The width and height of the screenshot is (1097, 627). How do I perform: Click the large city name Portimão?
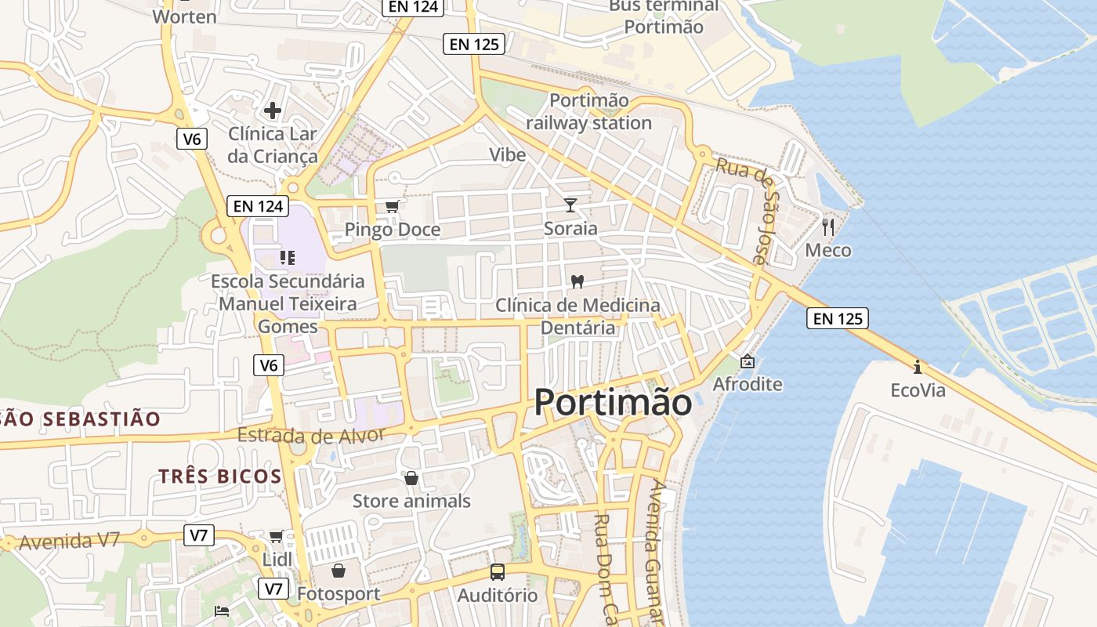click(613, 403)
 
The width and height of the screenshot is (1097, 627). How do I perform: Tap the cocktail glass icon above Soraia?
click(570, 205)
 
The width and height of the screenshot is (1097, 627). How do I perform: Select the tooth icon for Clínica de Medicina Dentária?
click(578, 281)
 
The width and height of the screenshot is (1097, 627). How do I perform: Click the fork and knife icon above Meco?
click(828, 227)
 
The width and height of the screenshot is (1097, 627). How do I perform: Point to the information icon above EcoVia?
click(918, 367)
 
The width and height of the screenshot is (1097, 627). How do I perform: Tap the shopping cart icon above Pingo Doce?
click(393, 207)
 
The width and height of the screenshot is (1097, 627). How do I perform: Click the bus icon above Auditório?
click(498, 572)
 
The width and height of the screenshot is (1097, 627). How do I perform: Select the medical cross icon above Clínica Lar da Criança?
click(273, 111)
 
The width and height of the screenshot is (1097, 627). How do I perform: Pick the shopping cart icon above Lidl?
click(277, 537)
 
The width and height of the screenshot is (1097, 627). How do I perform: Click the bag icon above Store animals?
click(411, 478)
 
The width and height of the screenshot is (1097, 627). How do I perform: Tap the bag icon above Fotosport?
click(339, 571)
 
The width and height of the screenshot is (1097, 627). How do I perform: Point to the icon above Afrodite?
click(748, 361)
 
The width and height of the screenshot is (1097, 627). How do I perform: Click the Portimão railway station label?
click(589, 111)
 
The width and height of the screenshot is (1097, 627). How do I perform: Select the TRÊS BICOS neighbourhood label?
click(220, 476)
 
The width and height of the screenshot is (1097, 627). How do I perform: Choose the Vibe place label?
click(508, 154)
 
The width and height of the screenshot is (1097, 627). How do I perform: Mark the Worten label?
click(185, 16)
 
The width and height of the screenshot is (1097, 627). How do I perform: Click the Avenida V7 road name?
click(69, 541)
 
